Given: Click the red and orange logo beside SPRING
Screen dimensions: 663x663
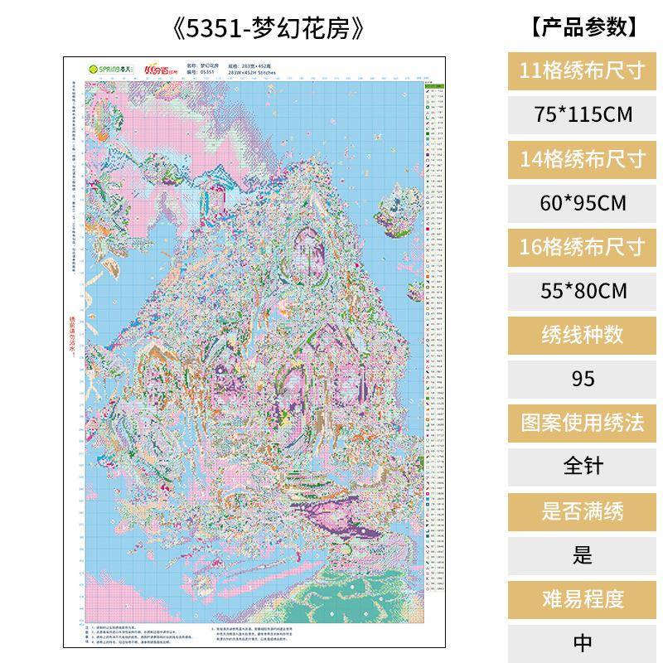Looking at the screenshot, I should tap(160, 69).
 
